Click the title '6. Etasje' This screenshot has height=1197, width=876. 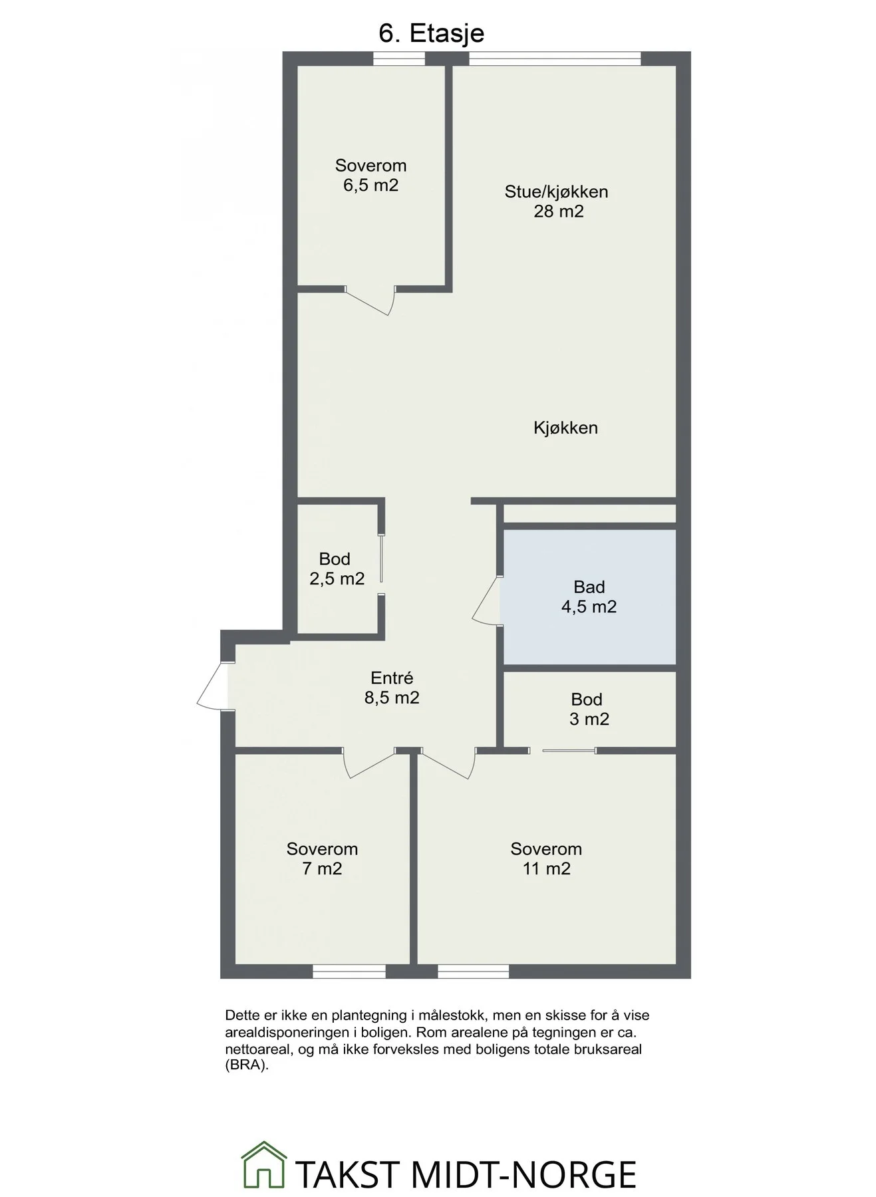point(431,33)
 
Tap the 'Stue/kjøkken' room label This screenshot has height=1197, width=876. point(556,192)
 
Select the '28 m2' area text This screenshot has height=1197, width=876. point(559,211)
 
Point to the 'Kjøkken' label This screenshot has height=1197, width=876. point(565,428)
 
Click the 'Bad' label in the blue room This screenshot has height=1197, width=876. point(589,587)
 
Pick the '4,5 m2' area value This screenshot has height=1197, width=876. point(589,606)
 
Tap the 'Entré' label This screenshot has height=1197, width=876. point(392,678)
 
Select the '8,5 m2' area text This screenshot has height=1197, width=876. point(392,698)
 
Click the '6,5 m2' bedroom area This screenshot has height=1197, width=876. point(370,185)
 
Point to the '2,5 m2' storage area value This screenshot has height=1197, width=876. point(337,579)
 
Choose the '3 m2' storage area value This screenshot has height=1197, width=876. point(589,719)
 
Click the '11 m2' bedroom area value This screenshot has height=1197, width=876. point(547,868)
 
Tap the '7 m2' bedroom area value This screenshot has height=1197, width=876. point(322,868)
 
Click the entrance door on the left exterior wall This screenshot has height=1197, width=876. point(214,686)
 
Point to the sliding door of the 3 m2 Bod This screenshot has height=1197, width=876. point(569,751)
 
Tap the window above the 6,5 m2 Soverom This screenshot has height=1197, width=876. point(399,59)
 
